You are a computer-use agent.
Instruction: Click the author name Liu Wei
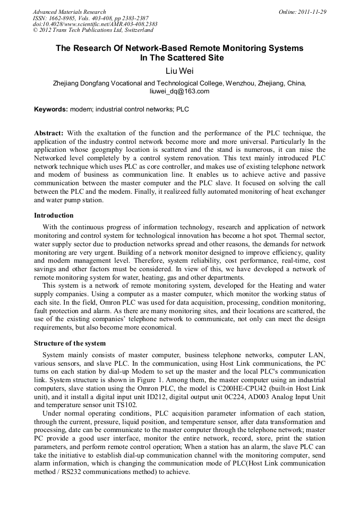tap(179, 71)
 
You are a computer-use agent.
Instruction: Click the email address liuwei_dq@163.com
tap(179, 91)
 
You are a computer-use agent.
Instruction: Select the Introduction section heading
tap(54, 215)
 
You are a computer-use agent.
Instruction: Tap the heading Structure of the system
tap(70, 343)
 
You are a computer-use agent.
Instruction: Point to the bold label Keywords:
tap(51, 110)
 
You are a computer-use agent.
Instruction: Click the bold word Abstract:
tap(49, 133)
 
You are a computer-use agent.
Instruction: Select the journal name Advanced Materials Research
tap(70, 12)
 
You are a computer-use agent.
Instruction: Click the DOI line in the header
tap(95, 24)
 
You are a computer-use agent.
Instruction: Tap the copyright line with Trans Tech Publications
tap(93, 30)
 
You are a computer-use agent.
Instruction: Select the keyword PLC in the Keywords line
tap(183, 110)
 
